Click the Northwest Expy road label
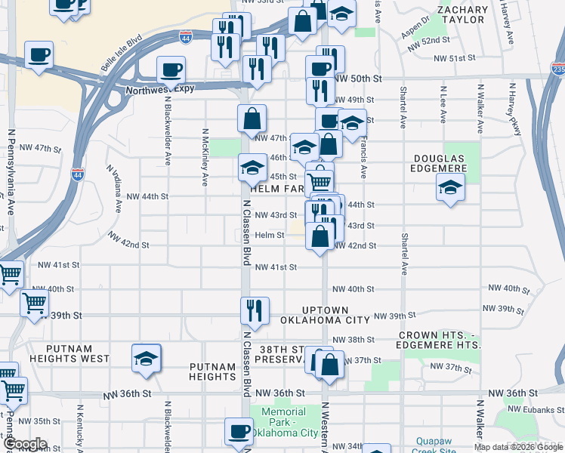160,89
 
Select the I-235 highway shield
557,69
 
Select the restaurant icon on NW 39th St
255,310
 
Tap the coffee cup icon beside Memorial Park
239,431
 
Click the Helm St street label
269,235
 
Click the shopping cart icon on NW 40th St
35,304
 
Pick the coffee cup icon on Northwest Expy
171,70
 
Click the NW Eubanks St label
536,408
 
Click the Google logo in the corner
24,444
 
